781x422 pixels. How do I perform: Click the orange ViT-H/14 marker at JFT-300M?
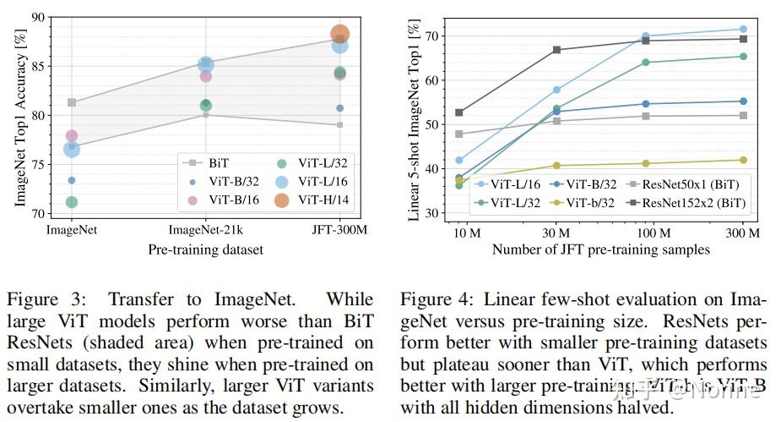339,35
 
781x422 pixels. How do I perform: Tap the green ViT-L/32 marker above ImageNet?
72,202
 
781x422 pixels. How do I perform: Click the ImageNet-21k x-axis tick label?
206,231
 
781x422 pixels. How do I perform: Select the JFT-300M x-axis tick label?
340,231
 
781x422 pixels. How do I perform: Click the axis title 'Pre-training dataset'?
205,249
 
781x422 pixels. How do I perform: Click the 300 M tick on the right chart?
743,233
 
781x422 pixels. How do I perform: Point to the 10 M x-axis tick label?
458,233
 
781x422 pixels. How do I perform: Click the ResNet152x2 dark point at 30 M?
556,50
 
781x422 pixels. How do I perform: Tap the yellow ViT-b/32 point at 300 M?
743,160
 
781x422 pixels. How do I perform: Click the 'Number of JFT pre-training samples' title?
600,249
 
